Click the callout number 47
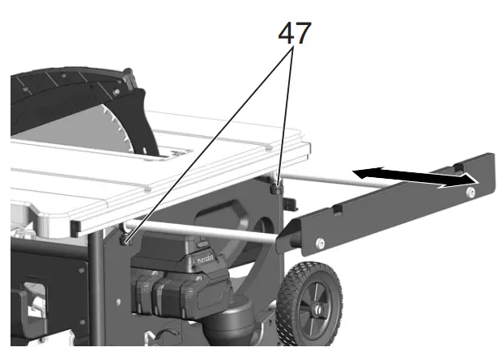coord(294,32)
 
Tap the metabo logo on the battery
coord(206,260)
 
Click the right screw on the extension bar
coord(470,191)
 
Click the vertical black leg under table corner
coord(97,291)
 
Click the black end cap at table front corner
coord(75,225)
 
